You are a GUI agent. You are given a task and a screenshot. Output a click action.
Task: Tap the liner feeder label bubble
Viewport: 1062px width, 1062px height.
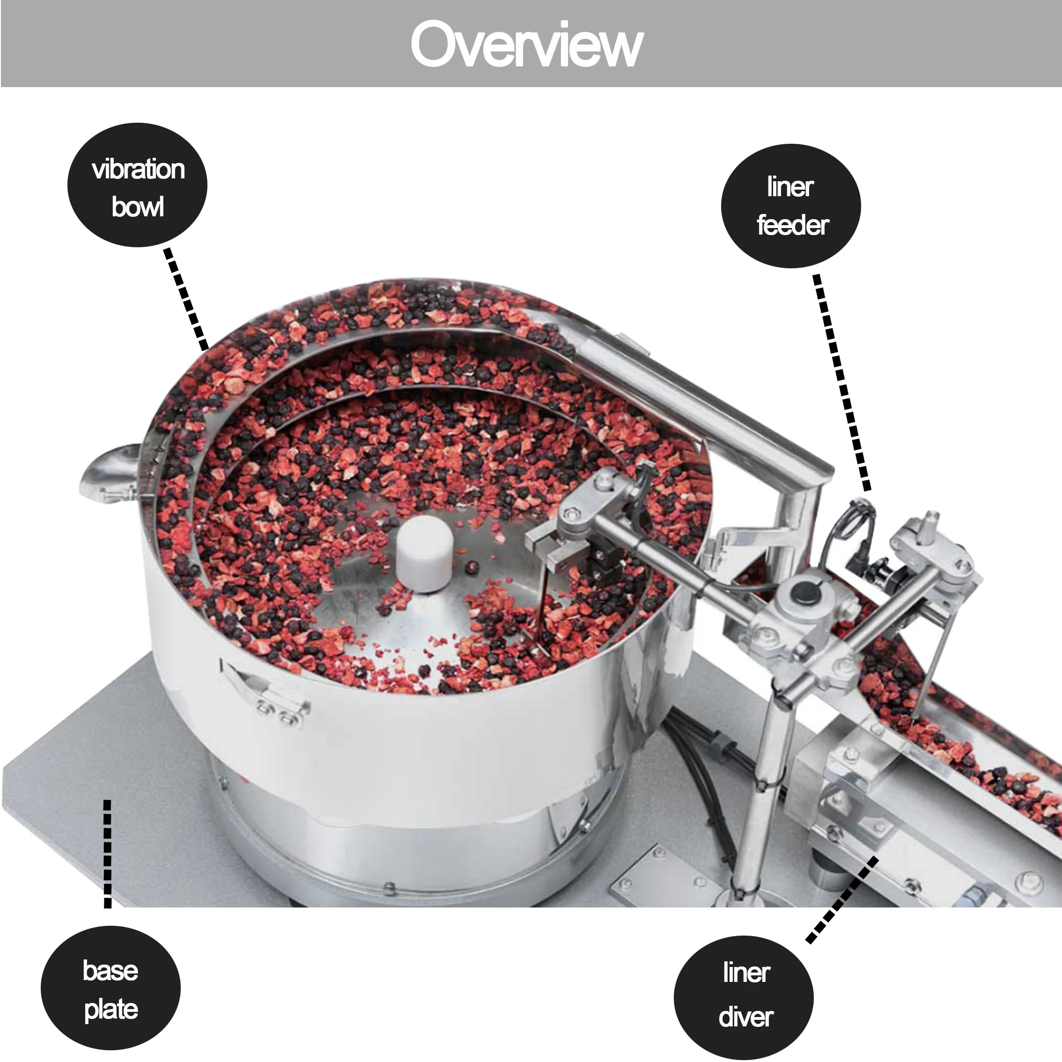(x=790, y=206)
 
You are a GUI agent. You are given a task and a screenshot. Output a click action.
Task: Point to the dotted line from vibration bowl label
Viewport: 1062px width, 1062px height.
(x=186, y=299)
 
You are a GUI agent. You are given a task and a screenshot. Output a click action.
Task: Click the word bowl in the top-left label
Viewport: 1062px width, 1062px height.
(x=137, y=207)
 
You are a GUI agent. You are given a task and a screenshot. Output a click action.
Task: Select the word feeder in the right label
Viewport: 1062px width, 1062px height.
(x=792, y=225)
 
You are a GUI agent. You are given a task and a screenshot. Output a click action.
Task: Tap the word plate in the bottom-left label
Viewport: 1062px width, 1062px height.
(x=111, y=1009)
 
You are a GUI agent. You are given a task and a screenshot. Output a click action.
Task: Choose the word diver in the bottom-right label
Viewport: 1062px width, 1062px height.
(x=745, y=1017)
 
